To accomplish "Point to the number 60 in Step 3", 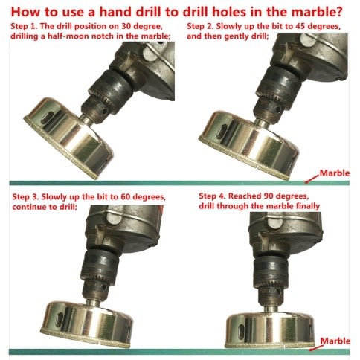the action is click(x=126, y=197).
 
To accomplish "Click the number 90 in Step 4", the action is click(x=269, y=196).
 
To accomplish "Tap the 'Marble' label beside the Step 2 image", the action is click(x=335, y=173).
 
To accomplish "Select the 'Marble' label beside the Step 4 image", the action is click(x=335, y=341).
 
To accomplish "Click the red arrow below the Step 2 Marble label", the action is click(x=312, y=179).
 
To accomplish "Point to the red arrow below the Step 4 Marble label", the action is click(x=315, y=347).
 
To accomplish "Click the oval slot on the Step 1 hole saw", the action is click(x=48, y=118).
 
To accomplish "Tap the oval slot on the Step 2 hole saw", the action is click(x=222, y=131).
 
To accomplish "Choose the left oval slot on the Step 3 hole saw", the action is click(x=60, y=319).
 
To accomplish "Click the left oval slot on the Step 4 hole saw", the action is click(x=241, y=330).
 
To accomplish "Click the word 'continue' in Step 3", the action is click(x=28, y=207).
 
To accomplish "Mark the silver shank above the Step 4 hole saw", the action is click(x=270, y=309).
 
